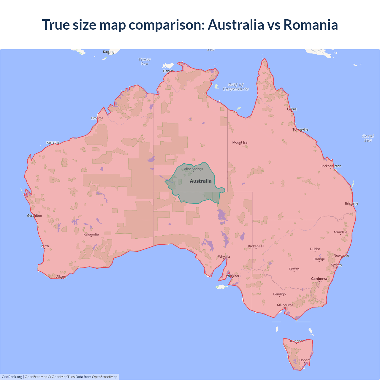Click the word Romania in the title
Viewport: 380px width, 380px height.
pos(311,25)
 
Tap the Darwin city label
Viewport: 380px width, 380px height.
pos(168,71)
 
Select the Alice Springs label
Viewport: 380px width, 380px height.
pos(193,169)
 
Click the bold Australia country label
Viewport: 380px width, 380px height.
pos(201,181)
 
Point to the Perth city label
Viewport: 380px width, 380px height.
pos(45,246)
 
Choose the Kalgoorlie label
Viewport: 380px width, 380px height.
pos(91,235)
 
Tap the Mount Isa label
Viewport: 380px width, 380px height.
pos(240,142)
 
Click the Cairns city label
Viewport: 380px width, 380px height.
pos(292,109)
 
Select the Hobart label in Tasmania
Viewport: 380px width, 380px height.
pos(304,360)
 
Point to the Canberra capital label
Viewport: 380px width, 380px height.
pos(319,279)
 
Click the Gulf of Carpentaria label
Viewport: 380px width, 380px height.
pos(236,87)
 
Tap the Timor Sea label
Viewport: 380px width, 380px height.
pos(145,62)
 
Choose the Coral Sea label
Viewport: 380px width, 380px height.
pos(368,138)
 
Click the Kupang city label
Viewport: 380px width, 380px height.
pos(109,52)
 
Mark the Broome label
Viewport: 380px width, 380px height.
pos(97,118)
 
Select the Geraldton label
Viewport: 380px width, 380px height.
pos(34,216)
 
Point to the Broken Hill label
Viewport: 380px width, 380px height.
pos(256,246)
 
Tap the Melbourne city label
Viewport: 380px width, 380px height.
pos(285,305)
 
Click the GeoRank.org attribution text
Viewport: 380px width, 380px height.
pos(12,377)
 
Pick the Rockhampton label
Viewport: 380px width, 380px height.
pos(331,166)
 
